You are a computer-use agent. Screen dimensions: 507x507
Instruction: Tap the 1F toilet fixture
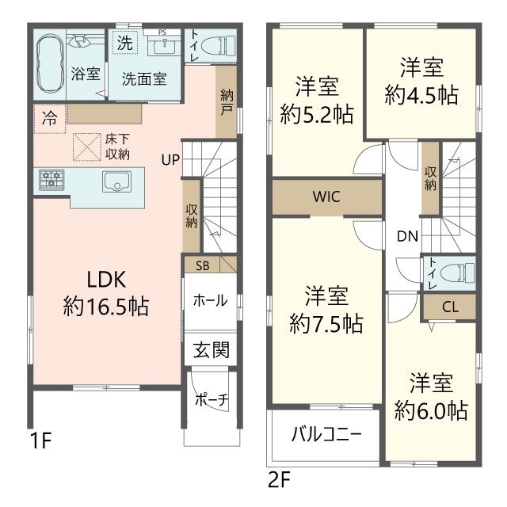[x=218, y=46]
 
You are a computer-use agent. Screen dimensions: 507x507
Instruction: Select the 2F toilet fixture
[x=458, y=272]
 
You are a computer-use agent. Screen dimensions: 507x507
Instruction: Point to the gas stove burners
[x=51, y=180]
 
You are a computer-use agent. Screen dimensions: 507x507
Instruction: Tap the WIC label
[x=326, y=196]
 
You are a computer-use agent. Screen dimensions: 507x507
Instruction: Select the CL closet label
[x=450, y=307]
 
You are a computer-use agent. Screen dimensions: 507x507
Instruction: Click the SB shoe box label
[x=203, y=266]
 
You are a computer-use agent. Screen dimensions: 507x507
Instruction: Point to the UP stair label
[x=170, y=159]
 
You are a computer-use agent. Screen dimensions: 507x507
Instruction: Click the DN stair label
[x=407, y=236]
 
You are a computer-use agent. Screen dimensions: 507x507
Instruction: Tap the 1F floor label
[x=40, y=440]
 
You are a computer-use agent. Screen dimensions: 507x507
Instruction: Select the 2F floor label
[x=280, y=479]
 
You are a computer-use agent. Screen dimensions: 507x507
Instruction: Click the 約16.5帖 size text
[x=106, y=307]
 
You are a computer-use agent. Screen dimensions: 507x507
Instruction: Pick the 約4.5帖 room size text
[x=421, y=95]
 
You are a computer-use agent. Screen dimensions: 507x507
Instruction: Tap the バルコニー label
[x=326, y=434]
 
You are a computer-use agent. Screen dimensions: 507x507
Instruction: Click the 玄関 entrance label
[x=212, y=350]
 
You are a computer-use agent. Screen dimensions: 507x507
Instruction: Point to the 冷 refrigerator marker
[x=50, y=118]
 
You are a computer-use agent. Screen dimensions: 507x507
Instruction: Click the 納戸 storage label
[x=227, y=102]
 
